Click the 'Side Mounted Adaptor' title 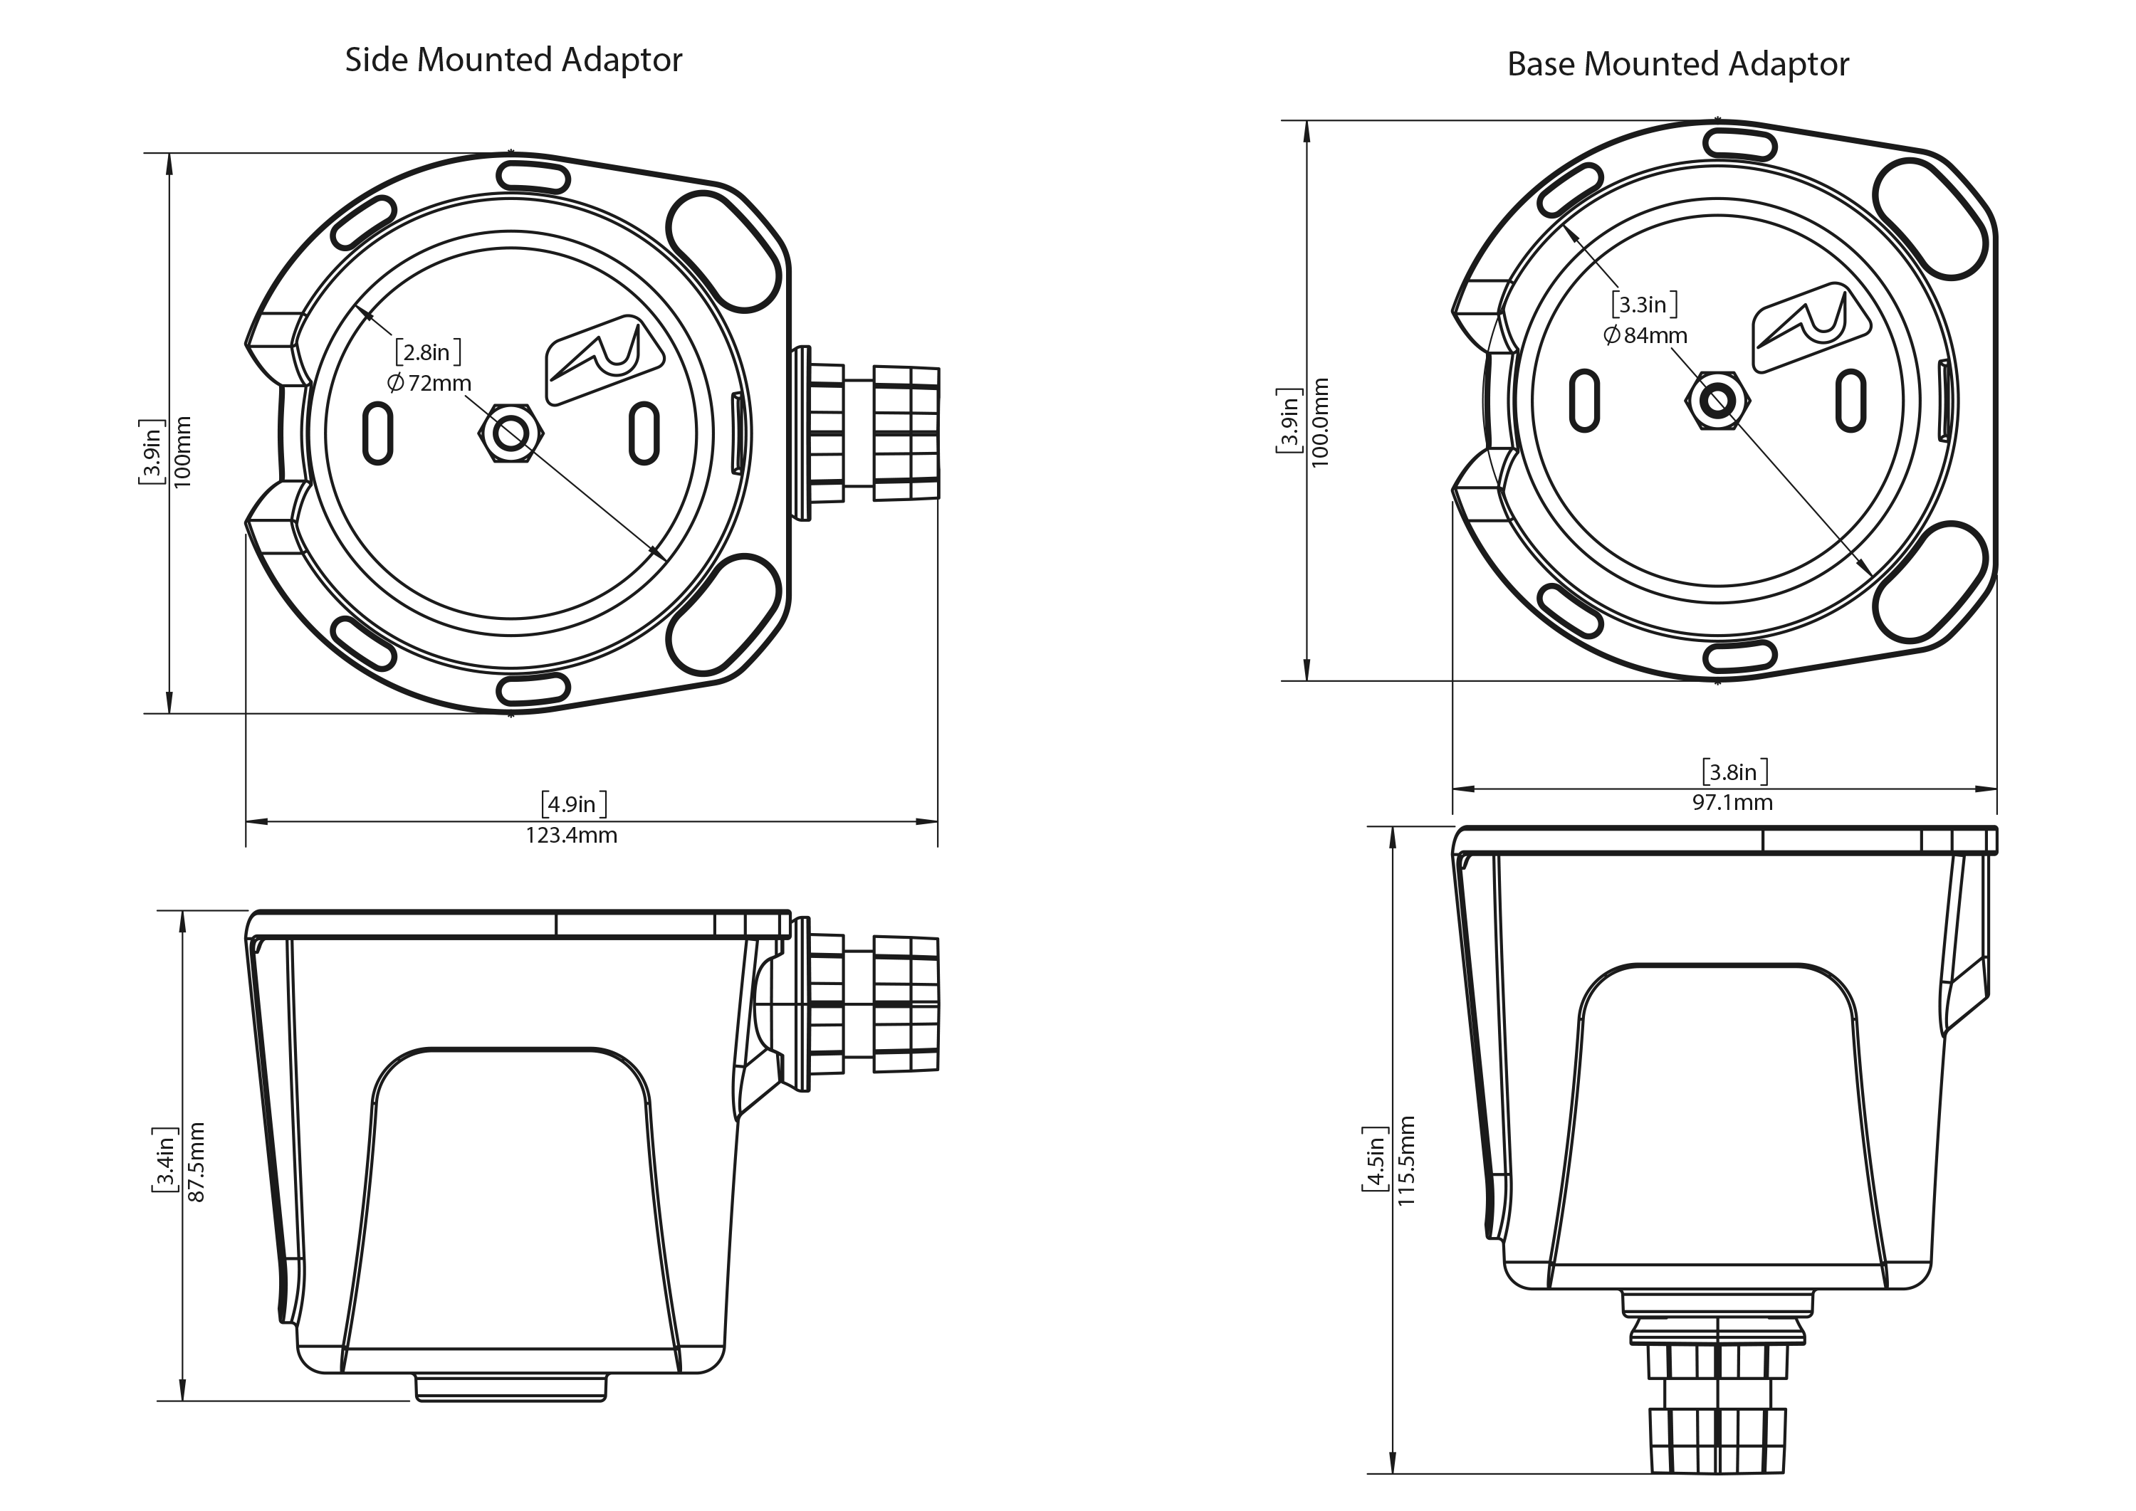(x=514, y=60)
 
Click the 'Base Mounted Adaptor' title (x=1677, y=64)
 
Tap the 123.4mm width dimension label (x=572, y=836)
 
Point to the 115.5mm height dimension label (x=1405, y=1161)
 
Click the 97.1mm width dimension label (x=1733, y=803)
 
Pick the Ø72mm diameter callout (x=429, y=382)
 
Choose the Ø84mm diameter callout (x=1645, y=335)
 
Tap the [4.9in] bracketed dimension (x=575, y=804)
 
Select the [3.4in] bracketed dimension (x=164, y=1160)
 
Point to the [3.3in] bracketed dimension (x=1645, y=304)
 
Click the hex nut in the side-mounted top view (x=510, y=433)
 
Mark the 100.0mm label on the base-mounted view (x=1320, y=422)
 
